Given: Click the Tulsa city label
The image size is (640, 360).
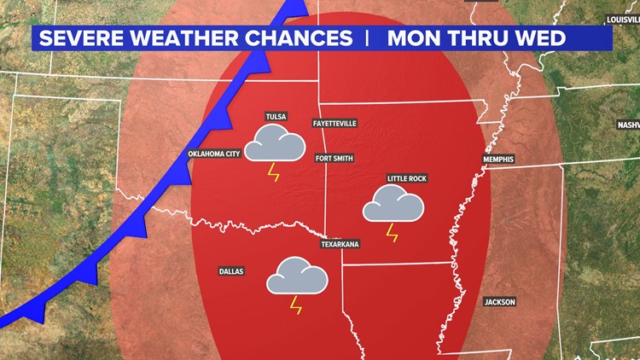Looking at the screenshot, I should pos(276,116).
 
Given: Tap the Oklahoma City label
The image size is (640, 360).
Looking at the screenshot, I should pos(215,154).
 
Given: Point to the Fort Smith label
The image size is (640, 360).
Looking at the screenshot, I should pos(334,158).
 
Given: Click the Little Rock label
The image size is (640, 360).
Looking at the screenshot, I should pos(406,178).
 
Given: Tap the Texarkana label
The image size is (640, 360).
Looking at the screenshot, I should pos(340,244).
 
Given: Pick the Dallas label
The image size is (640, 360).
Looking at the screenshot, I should pos(230,271).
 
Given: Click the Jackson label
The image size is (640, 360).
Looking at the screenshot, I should pos(500,302).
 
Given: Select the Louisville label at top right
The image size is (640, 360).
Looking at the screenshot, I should pos(622,19).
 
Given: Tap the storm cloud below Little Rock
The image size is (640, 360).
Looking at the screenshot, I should pos(393,205).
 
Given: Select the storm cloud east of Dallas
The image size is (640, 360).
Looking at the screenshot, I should pos(297,276).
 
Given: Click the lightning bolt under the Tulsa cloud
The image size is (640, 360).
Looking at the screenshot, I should pos(273,172).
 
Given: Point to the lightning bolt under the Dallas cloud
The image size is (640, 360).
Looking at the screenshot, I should pos(296,305).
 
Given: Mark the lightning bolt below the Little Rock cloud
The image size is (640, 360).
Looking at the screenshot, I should pos(393,232).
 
